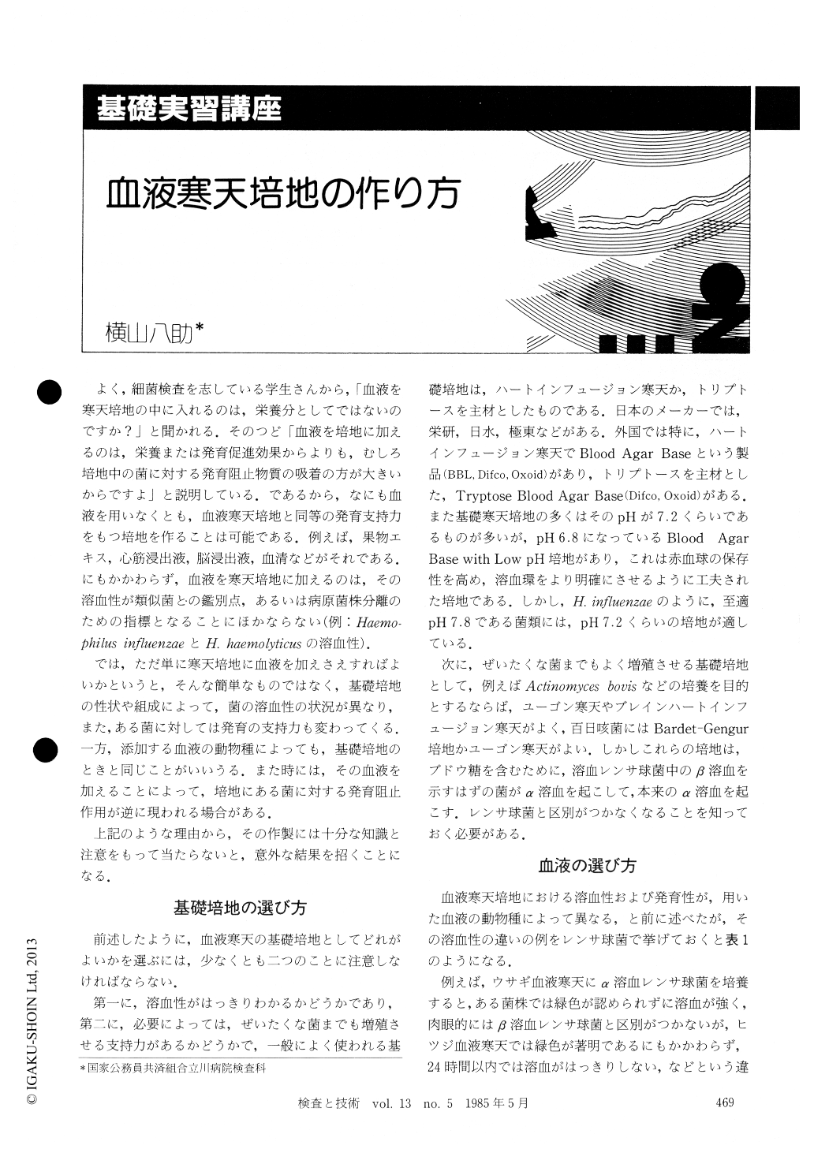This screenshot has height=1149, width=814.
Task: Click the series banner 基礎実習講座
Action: pyautogui.click(x=189, y=107)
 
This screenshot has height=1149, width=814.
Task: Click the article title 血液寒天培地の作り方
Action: pyautogui.click(x=283, y=192)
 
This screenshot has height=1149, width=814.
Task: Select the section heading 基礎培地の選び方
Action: pyautogui.click(x=240, y=907)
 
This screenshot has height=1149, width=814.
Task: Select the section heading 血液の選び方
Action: pyautogui.click(x=587, y=865)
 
